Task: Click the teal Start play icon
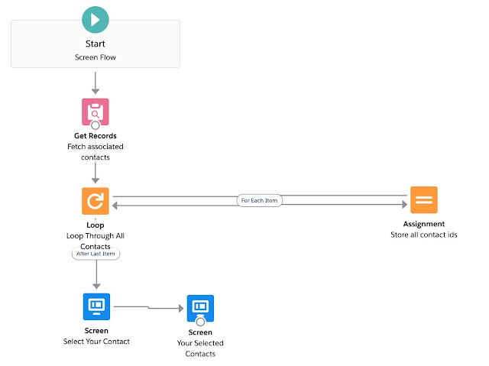click(96, 17)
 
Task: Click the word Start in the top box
click(96, 44)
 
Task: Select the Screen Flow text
click(96, 57)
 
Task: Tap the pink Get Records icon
click(96, 112)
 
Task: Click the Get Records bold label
click(96, 136)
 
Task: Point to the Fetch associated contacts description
click(96, 151)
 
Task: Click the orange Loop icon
click(96, 201)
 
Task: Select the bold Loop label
click(96, 225)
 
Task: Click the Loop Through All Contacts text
click(96, 241)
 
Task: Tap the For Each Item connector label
click(258, 200)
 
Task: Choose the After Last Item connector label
click(96, 255)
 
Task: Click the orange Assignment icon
click(424, 200)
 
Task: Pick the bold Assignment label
click(424, 225)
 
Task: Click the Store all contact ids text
click(424, 235)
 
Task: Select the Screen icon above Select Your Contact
click(96, 306)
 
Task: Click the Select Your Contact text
click(96, 341)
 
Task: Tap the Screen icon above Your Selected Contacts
click(200, 308)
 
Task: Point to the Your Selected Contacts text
click(200, 348)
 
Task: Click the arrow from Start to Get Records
click(96, 83)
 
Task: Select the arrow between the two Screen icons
click(149, 307)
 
